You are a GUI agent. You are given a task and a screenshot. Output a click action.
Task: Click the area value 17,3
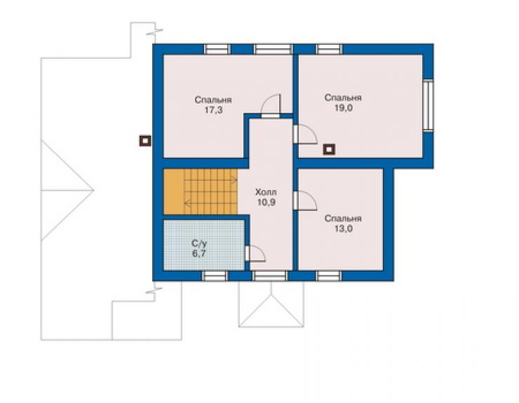coord(213,110)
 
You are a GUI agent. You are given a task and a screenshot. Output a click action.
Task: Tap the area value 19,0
coord(343,108)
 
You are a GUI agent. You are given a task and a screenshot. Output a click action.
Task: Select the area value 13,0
coord(343,228)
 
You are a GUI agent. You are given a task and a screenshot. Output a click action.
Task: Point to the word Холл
coord(266,192)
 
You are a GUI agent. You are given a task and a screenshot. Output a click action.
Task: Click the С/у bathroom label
coord(199,244)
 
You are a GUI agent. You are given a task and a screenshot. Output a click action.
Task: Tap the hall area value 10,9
coord(267,203)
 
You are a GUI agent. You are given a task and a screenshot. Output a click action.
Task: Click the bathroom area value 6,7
coord(199,254)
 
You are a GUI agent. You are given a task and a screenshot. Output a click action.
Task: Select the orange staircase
coord(201,192)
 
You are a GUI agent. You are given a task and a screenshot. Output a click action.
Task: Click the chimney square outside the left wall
coord(145,141)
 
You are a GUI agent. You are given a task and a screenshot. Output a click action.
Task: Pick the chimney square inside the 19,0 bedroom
coord(329,149)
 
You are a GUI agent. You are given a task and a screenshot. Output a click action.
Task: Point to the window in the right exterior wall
coord(428,106)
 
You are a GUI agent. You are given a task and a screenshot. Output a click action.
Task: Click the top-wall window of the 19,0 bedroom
coord(330,49)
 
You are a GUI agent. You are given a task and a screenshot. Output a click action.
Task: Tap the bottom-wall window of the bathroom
coord(215,276)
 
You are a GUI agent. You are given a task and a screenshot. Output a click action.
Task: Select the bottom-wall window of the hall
coord(270,276)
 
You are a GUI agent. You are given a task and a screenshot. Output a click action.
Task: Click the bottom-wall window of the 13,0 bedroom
coord(329,276)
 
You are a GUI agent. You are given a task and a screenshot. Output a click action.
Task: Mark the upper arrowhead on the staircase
coord(235,180)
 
